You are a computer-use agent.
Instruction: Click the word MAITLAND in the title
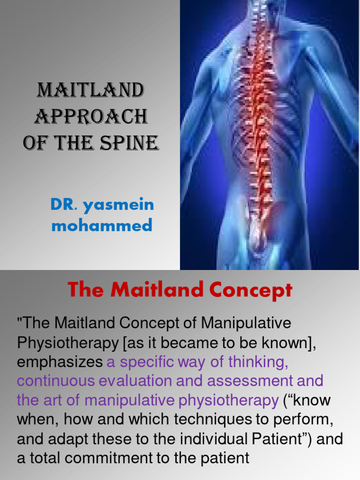[x=90, y=90]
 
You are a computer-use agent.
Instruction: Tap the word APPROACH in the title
[x=91, y=117]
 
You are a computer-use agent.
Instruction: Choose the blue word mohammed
[x=102, y=226]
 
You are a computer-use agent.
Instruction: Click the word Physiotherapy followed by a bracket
[x=67, y=343]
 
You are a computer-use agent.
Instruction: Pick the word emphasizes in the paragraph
[x=60, y=362]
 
